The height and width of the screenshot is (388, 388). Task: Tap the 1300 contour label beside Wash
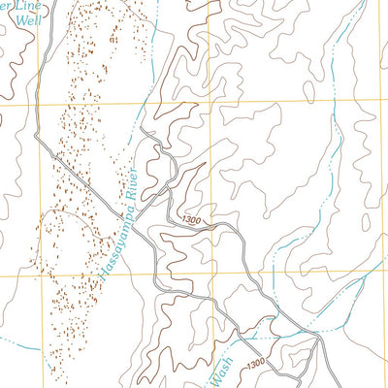tap(254, 364)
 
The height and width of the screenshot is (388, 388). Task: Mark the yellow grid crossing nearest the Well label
tap(40, 101)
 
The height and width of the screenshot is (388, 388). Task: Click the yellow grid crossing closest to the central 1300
tap(209, 275)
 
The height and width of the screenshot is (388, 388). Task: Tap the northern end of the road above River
tap(142, 128)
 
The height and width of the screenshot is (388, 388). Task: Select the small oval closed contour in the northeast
tap(307, 92)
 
